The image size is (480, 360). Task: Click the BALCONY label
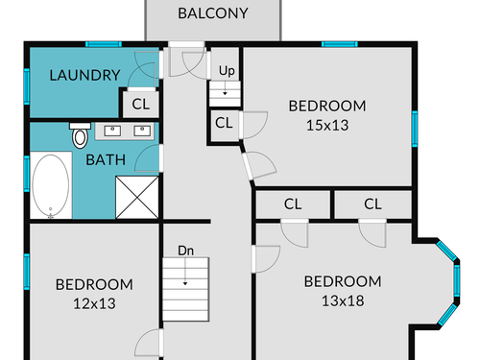click(213, 13)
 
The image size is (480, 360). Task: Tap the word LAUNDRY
click(84, 75)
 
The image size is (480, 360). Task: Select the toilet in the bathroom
click(80, 135)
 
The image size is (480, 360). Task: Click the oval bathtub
click(51, 185)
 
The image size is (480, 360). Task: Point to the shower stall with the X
click(137, 198)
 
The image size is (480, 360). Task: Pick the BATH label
click(106, 160)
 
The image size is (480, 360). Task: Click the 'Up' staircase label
click(227, 71)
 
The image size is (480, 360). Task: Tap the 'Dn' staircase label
click(186, 251)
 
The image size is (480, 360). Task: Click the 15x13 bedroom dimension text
click(327, 125)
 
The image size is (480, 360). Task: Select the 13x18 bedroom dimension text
click(343, 300)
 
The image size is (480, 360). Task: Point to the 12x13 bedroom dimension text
click(94, 303)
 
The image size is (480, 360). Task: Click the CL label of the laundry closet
click(141, 105)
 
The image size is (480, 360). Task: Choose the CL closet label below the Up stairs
click(224, 123)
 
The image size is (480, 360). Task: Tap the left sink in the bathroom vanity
click(112, 131)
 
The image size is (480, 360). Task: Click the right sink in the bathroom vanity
click(142, 131)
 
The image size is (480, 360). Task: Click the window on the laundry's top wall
click(104, 44)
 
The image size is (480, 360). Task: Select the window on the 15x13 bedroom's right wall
click(415, 129)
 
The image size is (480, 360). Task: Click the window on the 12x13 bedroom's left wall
click(27, 272)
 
